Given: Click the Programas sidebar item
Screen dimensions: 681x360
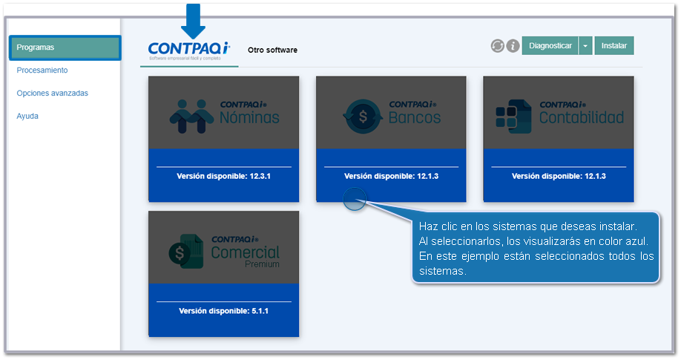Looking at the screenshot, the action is (x=65, y=48).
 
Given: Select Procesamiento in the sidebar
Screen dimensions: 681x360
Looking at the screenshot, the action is (x=42, y=70).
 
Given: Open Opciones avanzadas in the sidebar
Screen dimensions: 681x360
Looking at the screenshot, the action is (x=52, y=93).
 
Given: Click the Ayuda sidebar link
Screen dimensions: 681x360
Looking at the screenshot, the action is (x=27, y=116).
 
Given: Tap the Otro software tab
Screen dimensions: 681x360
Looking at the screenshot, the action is (x=272, y=50).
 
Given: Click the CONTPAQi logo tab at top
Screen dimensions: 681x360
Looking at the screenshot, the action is (x=189, y=51).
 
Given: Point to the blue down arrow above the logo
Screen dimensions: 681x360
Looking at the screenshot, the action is (x=194, y=21).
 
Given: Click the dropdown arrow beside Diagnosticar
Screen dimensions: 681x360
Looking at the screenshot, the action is (x=585, y=46).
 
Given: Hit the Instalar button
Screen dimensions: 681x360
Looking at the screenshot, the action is (x=614, y=46).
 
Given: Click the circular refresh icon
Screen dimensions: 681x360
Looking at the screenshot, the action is (x=498, y=46).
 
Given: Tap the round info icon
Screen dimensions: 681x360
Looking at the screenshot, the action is (x=513, y=46).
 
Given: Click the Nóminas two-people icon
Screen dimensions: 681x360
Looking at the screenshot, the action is (x=191, y=116).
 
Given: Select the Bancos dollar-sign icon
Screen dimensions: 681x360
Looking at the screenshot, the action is (x=363, y=116).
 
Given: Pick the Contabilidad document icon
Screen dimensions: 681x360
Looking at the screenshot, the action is (x=513, y=117).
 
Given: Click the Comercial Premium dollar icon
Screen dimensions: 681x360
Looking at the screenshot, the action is (x=186, y=252).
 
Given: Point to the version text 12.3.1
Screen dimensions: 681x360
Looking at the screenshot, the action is (x=260, y=176).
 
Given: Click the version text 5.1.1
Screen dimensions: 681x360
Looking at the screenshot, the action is (x=260, y=311).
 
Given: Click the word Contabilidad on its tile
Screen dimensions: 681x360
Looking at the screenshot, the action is (x=582, y=117).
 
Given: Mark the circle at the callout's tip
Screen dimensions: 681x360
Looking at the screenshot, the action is (x=355, y=199).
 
